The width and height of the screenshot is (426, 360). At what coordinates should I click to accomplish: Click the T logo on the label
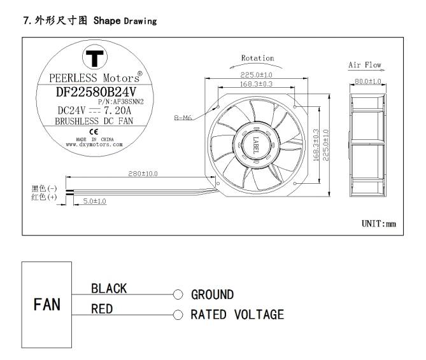click(x=96, y=60)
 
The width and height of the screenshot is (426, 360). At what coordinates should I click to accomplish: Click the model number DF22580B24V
click(x=95, y=91)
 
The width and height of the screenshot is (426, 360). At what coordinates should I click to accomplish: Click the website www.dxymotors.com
click(x=94, y=144)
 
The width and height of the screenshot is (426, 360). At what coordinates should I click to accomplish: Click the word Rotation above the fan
click(x=257, y=59)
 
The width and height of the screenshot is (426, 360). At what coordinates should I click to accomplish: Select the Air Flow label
click(x=364, y=65)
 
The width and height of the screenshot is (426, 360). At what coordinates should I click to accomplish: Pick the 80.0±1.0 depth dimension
click(x=367, y=81)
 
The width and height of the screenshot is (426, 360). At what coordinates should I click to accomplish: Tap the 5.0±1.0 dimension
click(x=95, y=201)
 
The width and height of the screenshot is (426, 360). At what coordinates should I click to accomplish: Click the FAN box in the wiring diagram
click(x=48, y=304)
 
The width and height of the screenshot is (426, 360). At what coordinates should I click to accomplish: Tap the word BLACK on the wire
click(x=108, y=288)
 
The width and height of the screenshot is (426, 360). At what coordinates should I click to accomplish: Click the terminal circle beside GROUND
click(x=178, y=294)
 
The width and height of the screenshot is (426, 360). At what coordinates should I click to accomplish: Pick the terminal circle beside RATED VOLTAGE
click(x=178, y=314)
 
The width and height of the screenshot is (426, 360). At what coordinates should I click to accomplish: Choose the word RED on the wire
click(x=102, y=308)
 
